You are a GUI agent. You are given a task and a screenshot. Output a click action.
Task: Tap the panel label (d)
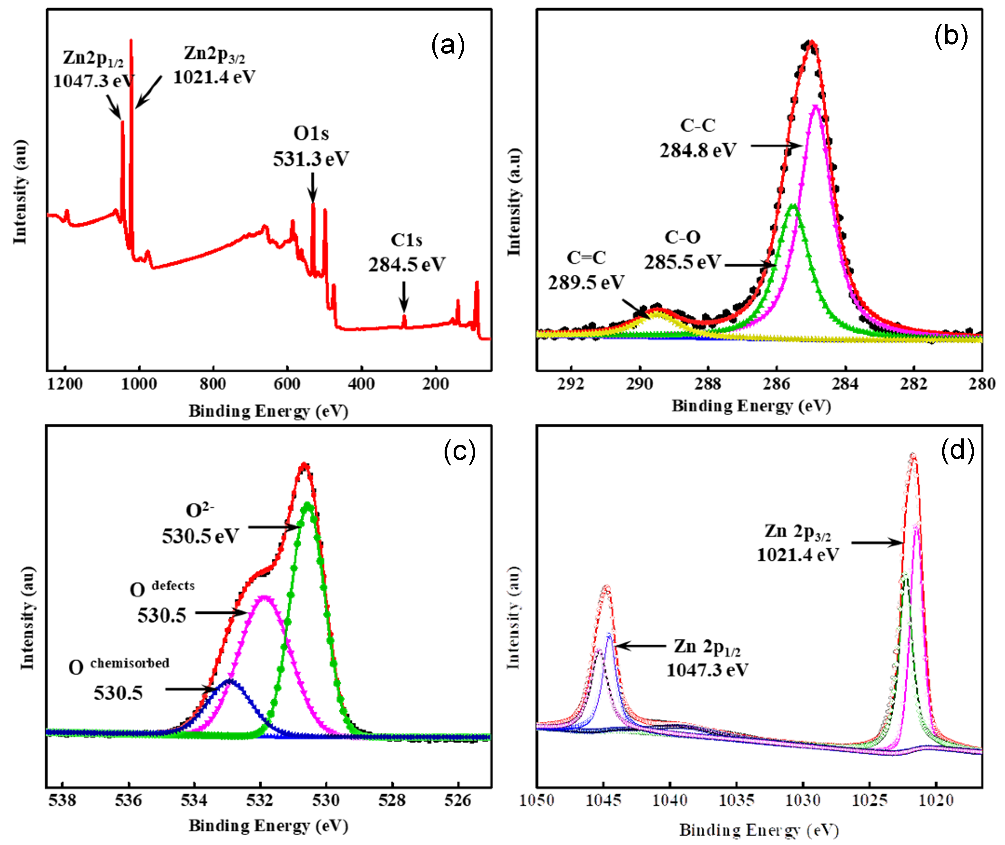click(958, 451)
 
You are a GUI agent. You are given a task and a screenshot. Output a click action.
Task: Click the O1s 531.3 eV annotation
click(311, 146)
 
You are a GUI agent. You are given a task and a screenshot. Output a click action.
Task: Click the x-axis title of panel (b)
click(751, 406)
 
